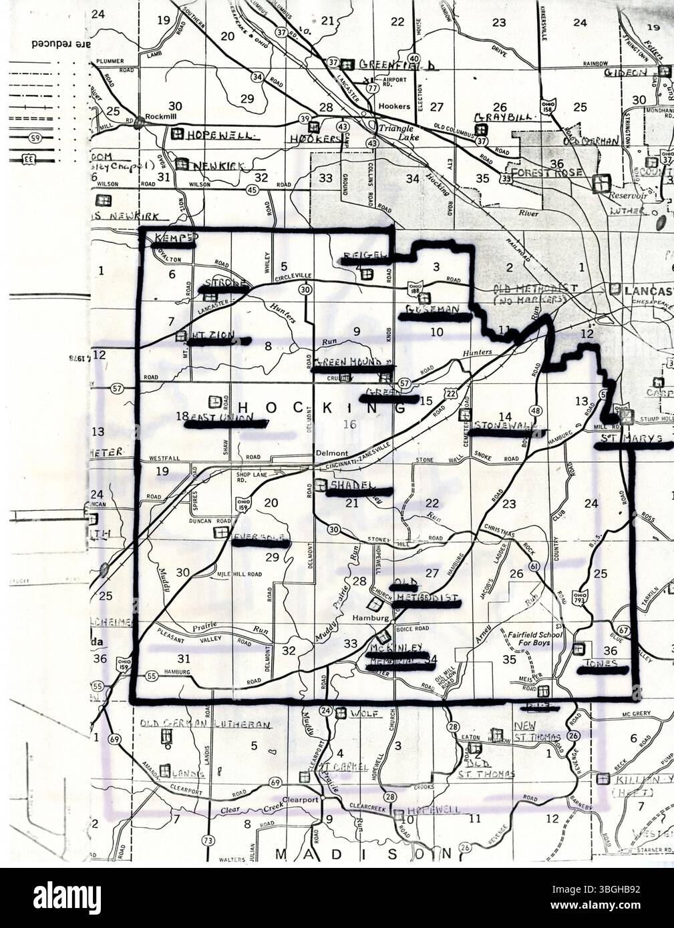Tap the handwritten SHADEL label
pyautogui.click(x=354, y=485)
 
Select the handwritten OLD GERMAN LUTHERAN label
pyautogui.click(x=206, y=724)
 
